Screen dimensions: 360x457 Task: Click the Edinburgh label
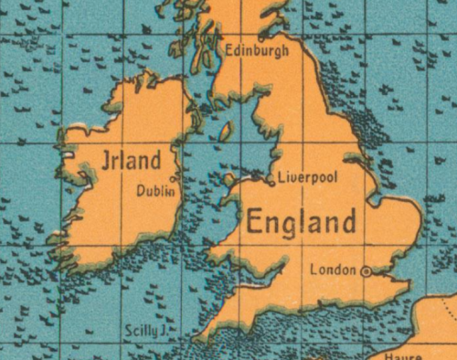(256, 50)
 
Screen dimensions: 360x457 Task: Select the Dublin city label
(154, 191)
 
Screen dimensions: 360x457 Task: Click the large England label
(301, 222)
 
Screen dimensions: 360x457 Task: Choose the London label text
(332, 270)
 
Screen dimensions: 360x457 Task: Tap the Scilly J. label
(143, 328)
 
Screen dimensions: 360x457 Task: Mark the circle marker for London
(366, 270)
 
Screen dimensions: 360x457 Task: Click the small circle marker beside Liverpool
(271, 182)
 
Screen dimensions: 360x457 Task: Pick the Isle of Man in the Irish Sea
(225, 131)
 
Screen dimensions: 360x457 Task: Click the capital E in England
(256, 222)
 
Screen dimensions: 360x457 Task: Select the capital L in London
(314, 270)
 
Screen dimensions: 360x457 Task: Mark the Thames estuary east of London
(395, 271)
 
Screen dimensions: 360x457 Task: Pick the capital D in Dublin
(140, 191)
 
